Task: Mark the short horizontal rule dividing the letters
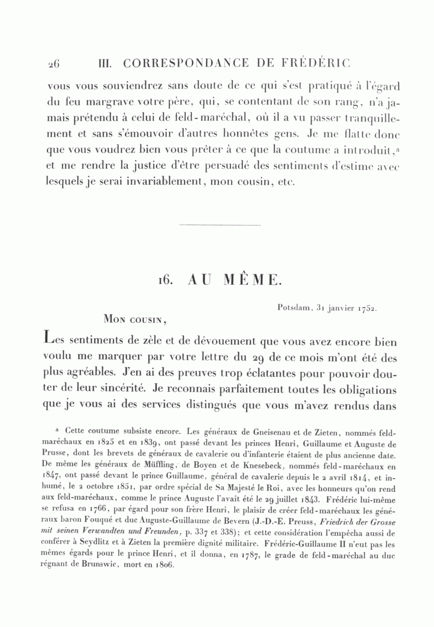click(x=219, y=225)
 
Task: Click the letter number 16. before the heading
click(x=165, y=280)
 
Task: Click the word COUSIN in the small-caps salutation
click(x=145, y=319)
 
